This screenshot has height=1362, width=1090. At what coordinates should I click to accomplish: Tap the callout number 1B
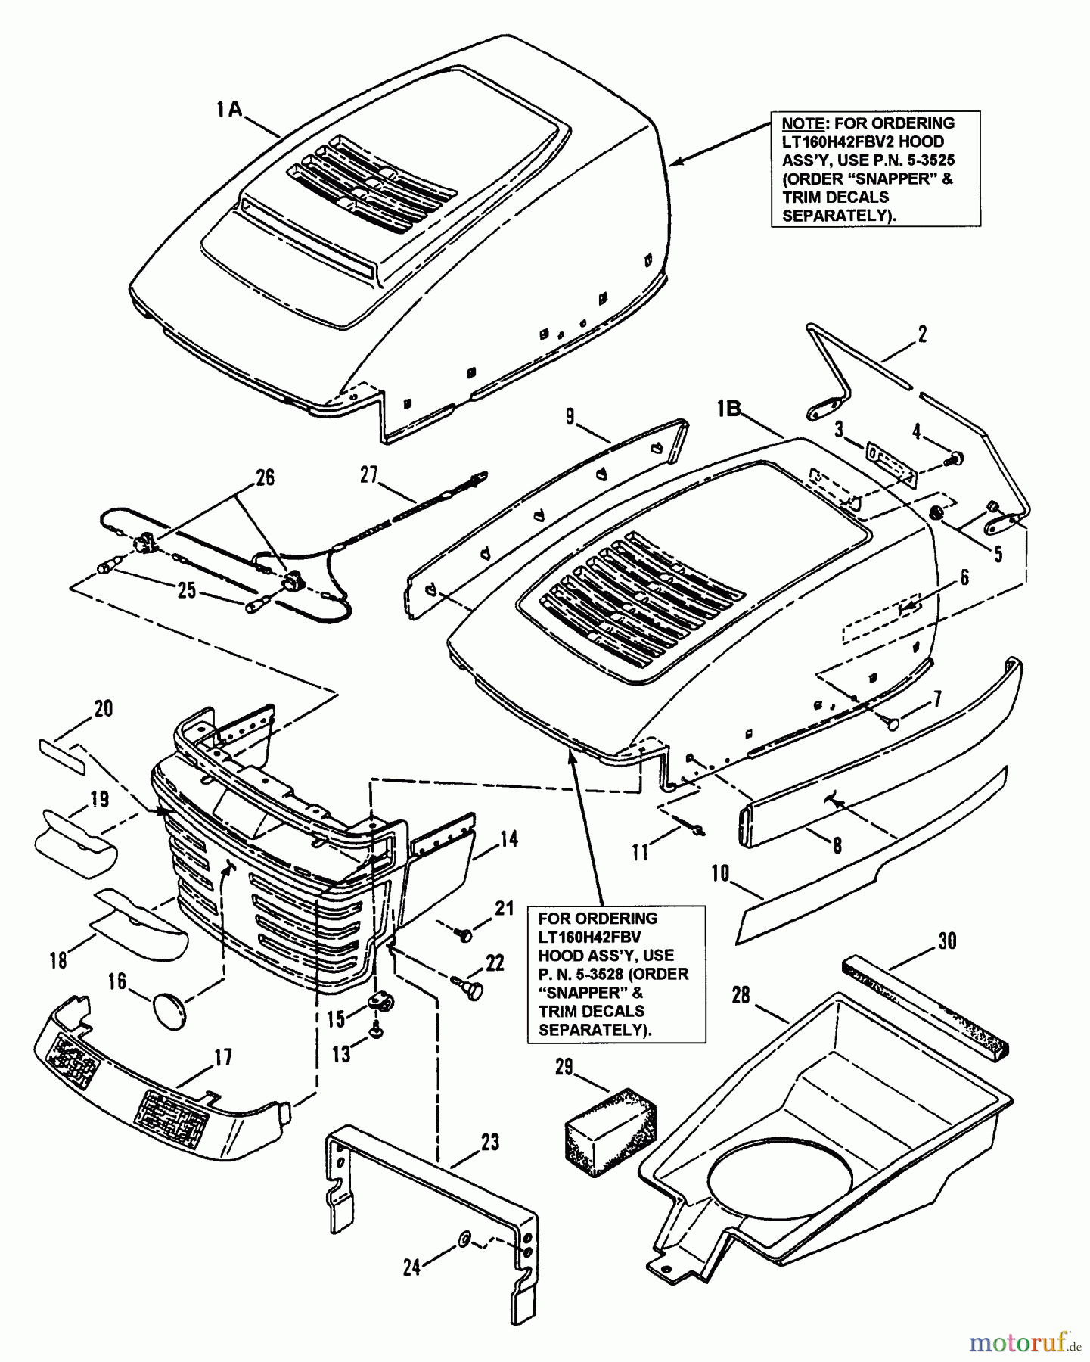tap(730, 409)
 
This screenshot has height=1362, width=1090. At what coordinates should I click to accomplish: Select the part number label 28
tap(741, 995)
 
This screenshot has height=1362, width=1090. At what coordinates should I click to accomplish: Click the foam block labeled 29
tap(611, 1119)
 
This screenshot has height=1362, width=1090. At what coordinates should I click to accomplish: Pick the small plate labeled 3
tap(891, 464)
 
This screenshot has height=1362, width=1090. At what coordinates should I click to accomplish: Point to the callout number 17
tap(223, 1056)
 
